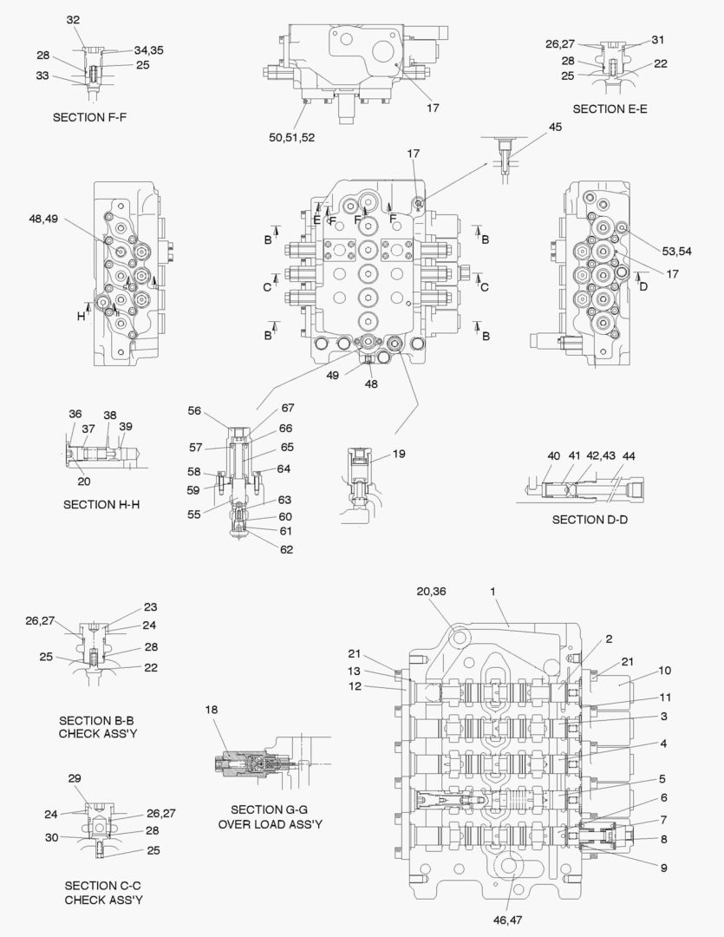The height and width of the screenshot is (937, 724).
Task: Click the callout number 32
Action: pyautogui.click(x=73, y=19)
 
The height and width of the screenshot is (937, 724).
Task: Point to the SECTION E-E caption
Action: pyautogui.click(x=610, y=108)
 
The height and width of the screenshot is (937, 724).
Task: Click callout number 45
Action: pyautogui.click(x=555, y=127)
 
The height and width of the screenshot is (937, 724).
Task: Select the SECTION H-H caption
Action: pyautogui.click(x=101, y=504)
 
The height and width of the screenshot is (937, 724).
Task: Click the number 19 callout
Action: pyautogui.click(x=399, y=454)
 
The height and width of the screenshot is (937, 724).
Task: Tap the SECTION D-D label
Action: pyautogui.click(x=590, y=519)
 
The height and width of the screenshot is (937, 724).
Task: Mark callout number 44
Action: pyautogui.click(x=629, y=456)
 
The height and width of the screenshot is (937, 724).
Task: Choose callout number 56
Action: pyautogui.click(x=195, y=411)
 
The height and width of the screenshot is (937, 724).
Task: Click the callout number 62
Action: pyautogui.click(x=286, y=549)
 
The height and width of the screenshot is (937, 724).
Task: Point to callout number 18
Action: pyautogui.click(x=211, y=710)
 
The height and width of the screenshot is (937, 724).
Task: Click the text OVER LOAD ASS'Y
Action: pyautogui.click(x=270, y=823)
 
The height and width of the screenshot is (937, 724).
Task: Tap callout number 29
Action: pyautogui.click(x=75, y=777)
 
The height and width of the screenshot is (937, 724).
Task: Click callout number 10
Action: pyautogui.click(x=664, y=670)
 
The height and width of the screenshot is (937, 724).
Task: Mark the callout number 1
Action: pyautogui.click(x=492, y=591)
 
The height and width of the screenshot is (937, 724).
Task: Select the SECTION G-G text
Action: pyautogui.click(x=270, y=809)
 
